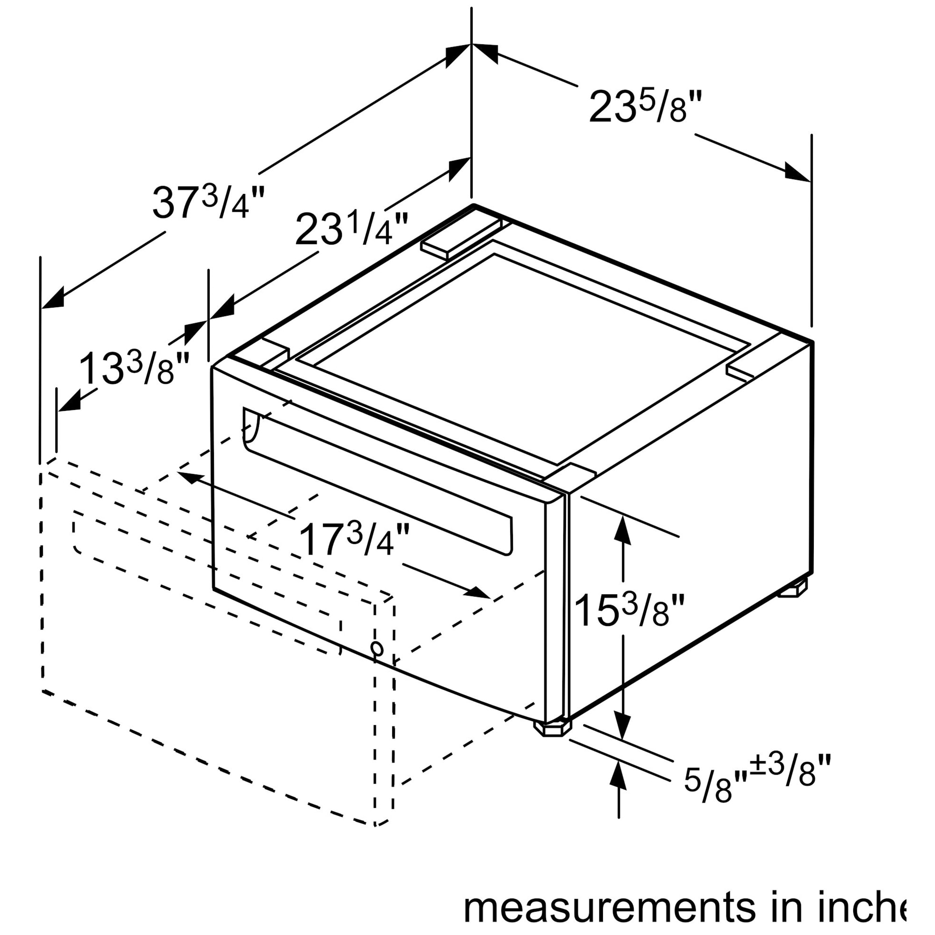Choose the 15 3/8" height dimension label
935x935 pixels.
coord(630,611)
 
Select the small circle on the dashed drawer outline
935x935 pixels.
coord(376,648)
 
